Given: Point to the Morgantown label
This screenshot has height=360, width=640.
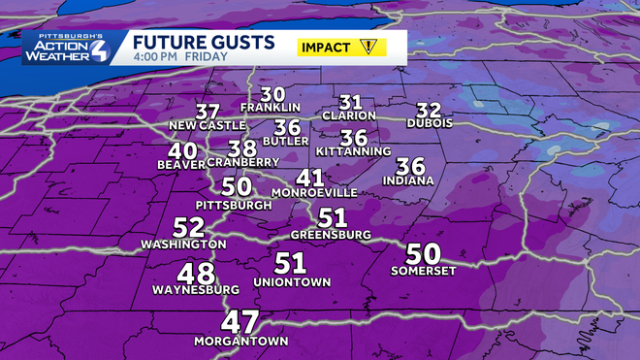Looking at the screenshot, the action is coord(240,342).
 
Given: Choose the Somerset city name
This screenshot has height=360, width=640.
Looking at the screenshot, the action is coord(423,271).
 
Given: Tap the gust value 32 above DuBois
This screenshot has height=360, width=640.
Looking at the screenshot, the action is coord(429,110).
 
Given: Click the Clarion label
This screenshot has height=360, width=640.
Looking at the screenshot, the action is coord(350,116).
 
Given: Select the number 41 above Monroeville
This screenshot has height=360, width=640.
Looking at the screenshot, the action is coord(310,178).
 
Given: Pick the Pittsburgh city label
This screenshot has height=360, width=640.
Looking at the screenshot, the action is coord(234,206).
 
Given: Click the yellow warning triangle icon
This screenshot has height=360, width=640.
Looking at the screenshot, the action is coord(368,47).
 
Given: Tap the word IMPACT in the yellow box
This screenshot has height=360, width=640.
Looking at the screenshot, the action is coord(328,47).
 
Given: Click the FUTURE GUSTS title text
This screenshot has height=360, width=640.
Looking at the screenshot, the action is coord(202,44).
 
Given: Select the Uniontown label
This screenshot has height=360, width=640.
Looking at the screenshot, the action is coord(292,281).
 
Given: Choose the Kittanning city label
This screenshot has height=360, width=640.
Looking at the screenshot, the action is coord(352,151).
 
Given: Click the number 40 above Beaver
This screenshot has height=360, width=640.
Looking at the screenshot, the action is coord(181,151).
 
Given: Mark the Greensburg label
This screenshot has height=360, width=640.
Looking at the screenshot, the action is coord(332,235).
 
